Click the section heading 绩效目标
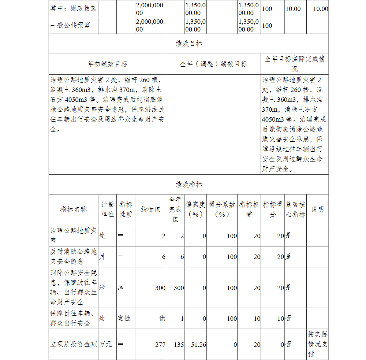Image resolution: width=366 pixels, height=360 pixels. (x=188, y=44)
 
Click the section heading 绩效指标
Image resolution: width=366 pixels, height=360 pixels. (x=188, y=185)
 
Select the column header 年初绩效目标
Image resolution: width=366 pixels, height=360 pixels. (x=107, y=64)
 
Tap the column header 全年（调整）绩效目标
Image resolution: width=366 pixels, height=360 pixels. (x=213, y=64)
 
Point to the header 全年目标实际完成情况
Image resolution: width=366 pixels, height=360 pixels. (x=295, y=64)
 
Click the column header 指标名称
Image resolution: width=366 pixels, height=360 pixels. (x=74, y=209)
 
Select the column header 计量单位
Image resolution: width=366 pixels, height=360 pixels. (x=107, y=209)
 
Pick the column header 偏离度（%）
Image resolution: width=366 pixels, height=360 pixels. (x=195, y=209)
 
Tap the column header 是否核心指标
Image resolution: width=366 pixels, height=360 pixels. (x=295, y=209)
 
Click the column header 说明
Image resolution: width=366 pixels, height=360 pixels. (x=317, y=209)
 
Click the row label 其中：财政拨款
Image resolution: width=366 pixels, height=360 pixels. (x=74, y=8)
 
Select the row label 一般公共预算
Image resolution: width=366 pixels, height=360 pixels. (x=70, y=25)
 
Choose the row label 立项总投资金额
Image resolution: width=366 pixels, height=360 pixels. (x=74, y=345)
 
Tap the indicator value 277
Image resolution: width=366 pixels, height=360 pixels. (x=160, y=345)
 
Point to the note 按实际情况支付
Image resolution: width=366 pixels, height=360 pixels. (x=318, y=344)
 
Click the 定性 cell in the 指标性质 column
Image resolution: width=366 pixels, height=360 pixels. (x=124, y=318)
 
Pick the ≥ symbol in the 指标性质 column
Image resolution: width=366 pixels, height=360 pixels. (x=120, y=287)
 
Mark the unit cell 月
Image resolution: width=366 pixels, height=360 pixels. (x=102, y=257)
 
